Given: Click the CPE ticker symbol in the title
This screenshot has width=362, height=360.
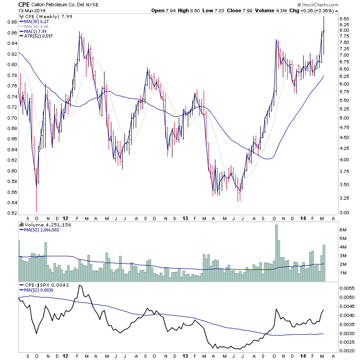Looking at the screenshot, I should click(x=24, y=5).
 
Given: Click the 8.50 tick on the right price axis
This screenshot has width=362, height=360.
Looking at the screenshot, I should click(x=345, y=19).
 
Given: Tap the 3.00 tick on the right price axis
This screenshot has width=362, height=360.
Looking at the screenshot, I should click(x=345, y=212).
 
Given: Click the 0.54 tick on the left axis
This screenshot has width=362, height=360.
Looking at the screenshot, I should click(x=12, y=213).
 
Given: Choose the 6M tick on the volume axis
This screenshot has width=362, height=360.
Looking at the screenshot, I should click(x=343, y=230).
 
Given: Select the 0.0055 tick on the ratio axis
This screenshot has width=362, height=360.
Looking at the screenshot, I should click(x=348, y=288).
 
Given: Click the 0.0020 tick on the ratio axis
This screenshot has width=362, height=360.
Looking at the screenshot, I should click(x=348, y=351).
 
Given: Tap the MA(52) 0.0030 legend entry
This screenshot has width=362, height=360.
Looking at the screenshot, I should click(x=39, y=290).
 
